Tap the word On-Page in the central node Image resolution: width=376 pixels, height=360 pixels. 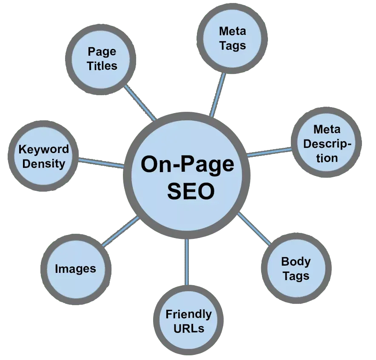[187, 164]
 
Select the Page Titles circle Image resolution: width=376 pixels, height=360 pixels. [102, 59]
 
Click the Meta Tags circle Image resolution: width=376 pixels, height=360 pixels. [233, 38]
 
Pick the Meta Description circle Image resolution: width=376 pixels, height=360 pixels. [327, 144]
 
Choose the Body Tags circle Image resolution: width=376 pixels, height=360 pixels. [296, 269]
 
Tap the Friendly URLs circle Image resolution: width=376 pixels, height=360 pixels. [188, 321]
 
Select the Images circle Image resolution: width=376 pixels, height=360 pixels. [76, 269]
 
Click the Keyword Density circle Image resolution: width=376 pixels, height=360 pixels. [43, 156]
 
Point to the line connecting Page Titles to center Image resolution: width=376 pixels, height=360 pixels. [140, 103]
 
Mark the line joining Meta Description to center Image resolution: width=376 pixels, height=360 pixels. [269, 151]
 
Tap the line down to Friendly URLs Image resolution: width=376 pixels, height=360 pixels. [186, 261]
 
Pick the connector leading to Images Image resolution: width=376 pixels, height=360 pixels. [121, 232]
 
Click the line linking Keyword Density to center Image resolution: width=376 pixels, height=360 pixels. [101, 163]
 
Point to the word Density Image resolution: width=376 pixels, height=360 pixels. [43, 164]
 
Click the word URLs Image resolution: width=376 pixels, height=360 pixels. [188, 328]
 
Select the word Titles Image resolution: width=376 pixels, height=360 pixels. [102, 66]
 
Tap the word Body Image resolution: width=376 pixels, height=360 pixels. [296, 261]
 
